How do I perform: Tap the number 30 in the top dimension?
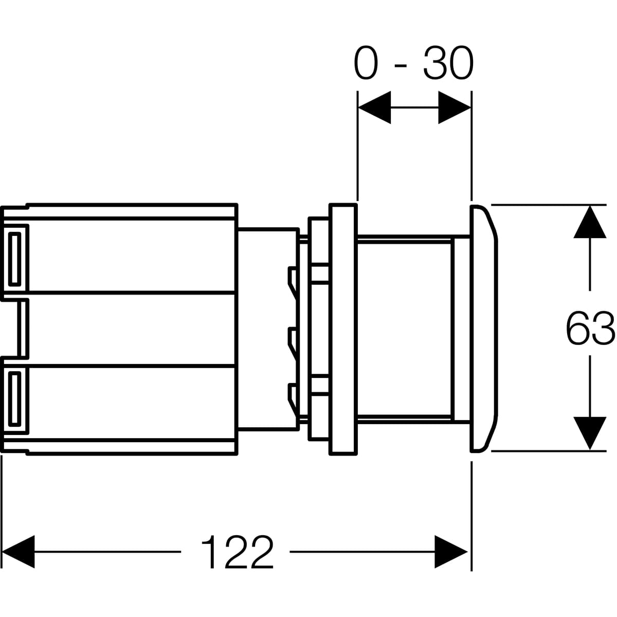(x=447, y=64)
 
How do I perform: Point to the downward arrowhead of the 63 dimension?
(x=589, y=433)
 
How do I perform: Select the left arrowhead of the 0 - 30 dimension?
(x=374, y=107)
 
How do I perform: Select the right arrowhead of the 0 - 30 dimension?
(x=455, y=107)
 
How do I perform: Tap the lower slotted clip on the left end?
(x=15, y=398)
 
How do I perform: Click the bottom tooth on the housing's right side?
(x=292, y=397)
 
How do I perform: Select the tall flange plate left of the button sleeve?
(x=343, y=329)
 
